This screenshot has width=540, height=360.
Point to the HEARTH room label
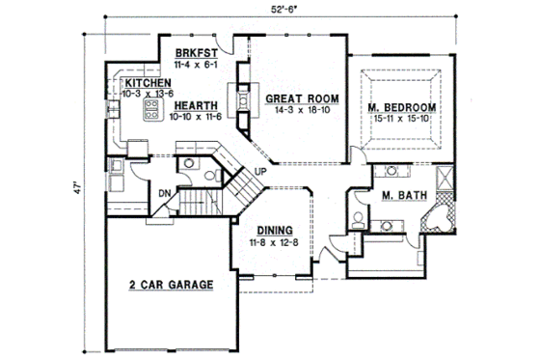coord(196,106)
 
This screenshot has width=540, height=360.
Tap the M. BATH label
coord(399,196)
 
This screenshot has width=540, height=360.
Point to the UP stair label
coord(259,172)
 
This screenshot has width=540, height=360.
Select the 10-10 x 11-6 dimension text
coord(196,117)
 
